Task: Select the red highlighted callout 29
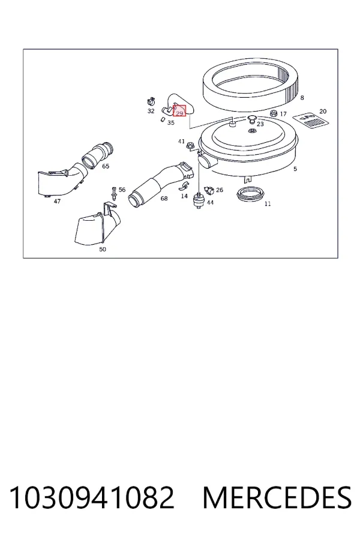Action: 179,111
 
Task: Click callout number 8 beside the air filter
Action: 302,98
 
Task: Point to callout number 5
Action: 295,169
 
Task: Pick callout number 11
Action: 268,204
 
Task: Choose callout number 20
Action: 323,111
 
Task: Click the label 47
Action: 57,201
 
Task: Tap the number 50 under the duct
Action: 103,250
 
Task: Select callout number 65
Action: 106,166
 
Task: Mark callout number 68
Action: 164,199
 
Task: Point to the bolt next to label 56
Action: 114,193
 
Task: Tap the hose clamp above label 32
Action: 151,101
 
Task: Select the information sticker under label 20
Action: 310,120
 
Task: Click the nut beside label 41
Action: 189,146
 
